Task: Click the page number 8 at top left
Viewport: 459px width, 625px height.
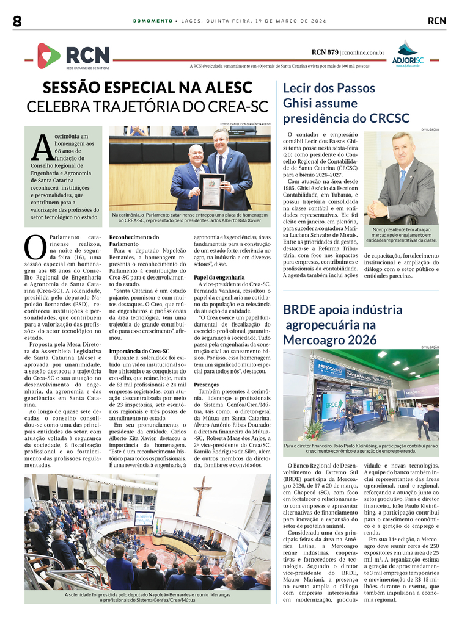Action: tap(17, 21)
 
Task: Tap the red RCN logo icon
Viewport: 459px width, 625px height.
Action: tap(48, 56)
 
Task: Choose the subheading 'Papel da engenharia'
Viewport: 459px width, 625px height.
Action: tap(219, 277)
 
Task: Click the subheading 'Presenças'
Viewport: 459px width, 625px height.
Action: tap(206, 385)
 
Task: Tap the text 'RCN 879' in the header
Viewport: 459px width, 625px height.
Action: tap(325, 52)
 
